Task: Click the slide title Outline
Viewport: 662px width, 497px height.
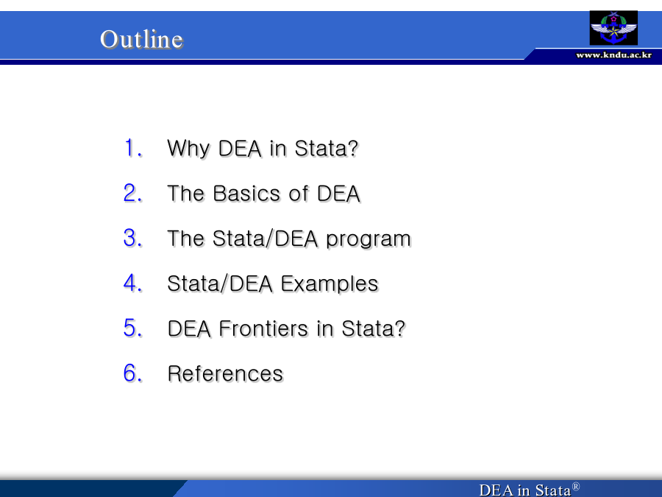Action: point(141,39)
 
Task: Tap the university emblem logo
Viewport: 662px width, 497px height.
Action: point(613,28)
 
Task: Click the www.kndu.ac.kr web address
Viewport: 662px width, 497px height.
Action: point(613,55)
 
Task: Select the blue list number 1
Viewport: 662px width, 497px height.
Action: point(133,148)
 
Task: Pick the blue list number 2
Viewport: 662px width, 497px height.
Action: point(133,193)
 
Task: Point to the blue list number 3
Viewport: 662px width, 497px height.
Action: point(133,238)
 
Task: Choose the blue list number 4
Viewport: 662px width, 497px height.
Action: point(133,283)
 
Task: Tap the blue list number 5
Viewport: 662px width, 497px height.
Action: point(133,328)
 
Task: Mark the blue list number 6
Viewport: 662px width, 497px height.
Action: point(133,373)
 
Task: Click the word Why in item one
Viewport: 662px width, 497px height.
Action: point(188,149)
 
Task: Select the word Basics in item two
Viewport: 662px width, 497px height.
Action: point(246,194)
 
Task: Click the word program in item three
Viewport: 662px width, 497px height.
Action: point(369,240)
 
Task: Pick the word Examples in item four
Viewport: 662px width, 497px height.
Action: point(330,284)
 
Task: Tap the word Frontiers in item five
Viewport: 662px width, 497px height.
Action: point(263,329)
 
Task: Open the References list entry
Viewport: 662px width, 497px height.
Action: point(225,373)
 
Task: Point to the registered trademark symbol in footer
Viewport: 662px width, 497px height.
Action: point(575,487)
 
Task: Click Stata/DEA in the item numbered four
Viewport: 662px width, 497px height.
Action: point(219,283)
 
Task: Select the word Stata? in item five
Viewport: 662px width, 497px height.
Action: point(373,329)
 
